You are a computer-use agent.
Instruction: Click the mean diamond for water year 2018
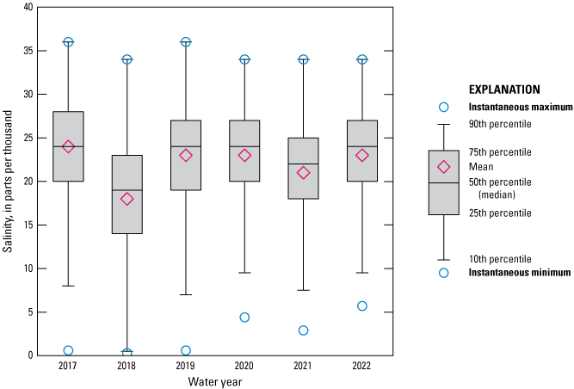[x=127, y=199]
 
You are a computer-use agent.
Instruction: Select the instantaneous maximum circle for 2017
[x=69, y=42]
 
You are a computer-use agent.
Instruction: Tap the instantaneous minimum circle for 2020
[x=244, y=318]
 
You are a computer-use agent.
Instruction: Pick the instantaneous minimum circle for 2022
[x=362, y=306]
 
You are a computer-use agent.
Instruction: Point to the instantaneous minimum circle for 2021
[x=304, y=330]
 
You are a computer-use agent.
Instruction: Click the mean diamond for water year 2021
[x=304, y=172]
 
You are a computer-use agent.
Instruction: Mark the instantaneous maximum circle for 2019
[x=186, y=42]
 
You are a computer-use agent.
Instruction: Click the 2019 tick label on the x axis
[x=186, y=366]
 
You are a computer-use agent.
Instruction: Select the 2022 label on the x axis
[x=362, y=366]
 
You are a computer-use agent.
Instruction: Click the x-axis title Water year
[x=215, y=380]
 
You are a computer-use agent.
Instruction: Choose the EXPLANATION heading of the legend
[x=503, y=89]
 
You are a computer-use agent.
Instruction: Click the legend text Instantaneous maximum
[x=520, y=107]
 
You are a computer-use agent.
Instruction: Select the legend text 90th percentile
[x=500, y=124]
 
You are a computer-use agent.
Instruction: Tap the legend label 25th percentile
[x=500, y=213]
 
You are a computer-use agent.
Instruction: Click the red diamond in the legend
[x=444, y=167]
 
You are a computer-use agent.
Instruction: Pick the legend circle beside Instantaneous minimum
[x=444, y=273]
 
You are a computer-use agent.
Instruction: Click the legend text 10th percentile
[x=500, y=258]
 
